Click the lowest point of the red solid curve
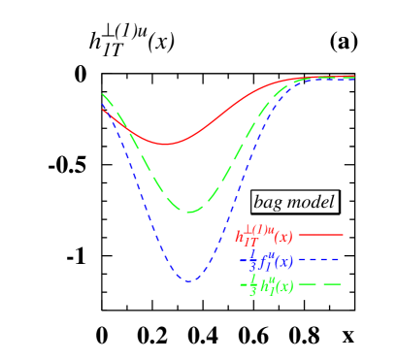pos(165,145)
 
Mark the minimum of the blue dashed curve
pos(188,281)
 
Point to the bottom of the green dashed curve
pos(189,212)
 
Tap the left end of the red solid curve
pos(103,109)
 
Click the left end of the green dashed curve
pos(103,94)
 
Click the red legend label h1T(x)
pos(263,236)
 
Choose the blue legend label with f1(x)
pos(266,261)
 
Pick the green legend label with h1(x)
pos(266,286)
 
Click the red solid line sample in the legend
pos(320,235)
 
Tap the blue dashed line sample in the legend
pos(320,260)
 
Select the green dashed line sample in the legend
pos(320,285)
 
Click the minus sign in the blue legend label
pos(243,261)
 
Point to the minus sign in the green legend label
pos(243,286)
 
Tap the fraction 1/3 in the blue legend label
pos(251,261)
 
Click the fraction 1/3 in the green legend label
pos(251,286)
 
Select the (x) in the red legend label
pos(282,238)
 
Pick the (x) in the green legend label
pos(283,288)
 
